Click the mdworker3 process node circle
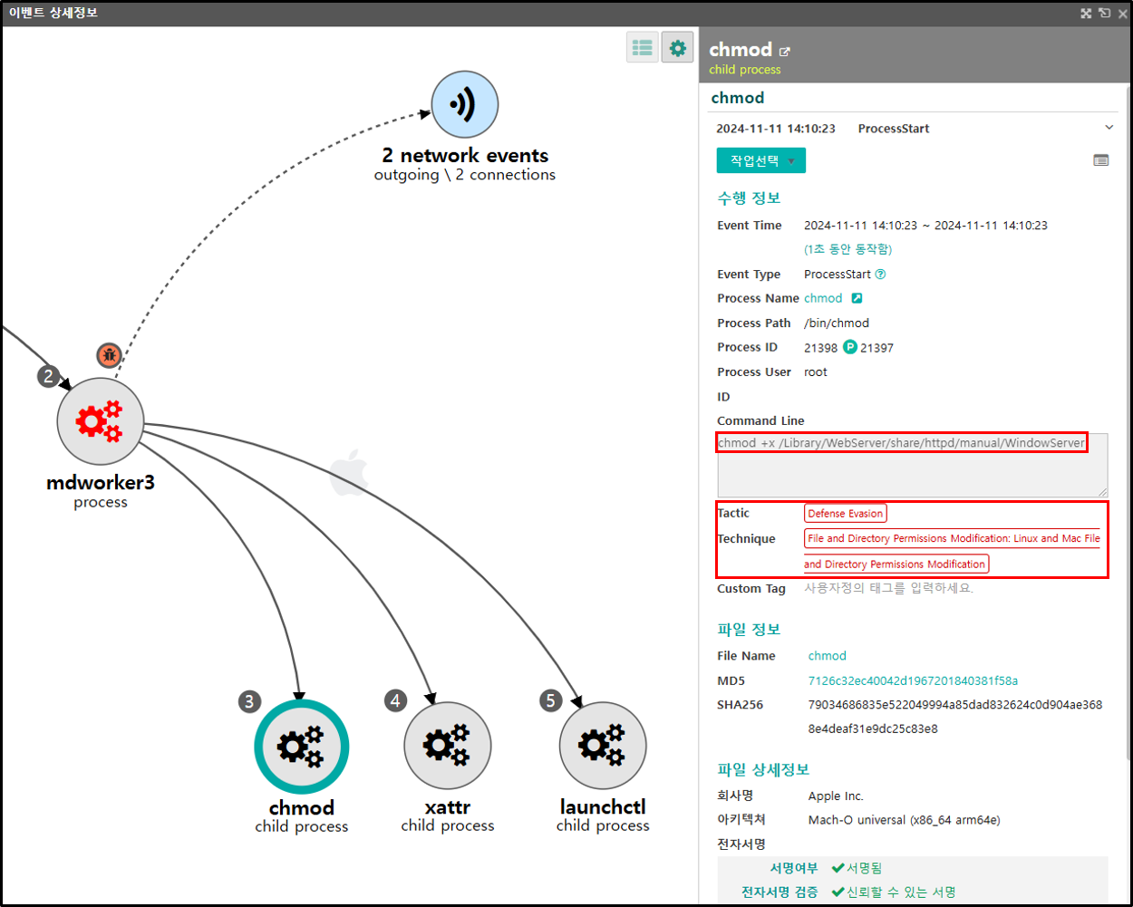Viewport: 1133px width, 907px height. [x=100, y=420]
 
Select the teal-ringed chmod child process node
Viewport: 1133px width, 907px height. [x=301, y=746]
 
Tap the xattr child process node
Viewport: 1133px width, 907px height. [x=448, y=746]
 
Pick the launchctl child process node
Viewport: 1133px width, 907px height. [x=602, y=746]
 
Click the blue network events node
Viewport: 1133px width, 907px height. [x=464, y=104]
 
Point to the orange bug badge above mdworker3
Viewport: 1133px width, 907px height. [x=109, y=355]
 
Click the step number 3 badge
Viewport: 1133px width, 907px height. [x=249, y=701]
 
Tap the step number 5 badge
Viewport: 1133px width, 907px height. [x=551, y=700]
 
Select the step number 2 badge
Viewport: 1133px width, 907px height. [x=48, y=376]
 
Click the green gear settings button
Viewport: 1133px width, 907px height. [x=677, y=48]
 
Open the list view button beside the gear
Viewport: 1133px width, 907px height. [x=643, y=48]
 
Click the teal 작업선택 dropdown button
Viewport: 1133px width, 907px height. [x=760, y=160]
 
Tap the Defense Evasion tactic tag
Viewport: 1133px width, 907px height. [x=845, y=513]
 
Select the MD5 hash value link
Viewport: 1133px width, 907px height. [x=913, y=680]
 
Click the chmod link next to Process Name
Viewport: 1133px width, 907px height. [x=823, y=298]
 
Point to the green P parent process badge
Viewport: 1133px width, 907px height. [x=850, y=347]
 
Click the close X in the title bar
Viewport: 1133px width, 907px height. [x=1122, y=14]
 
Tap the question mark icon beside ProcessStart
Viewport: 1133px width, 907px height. [x=880, y=275]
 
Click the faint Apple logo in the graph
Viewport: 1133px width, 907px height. [x=349, y=472]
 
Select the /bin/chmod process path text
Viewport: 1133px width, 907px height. [x=836, y=323]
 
